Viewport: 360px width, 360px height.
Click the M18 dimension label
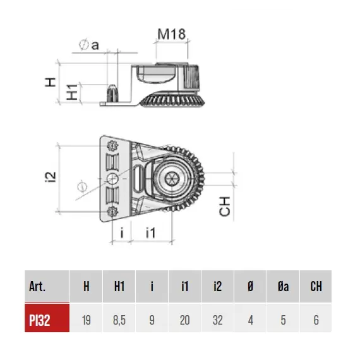[171, 34]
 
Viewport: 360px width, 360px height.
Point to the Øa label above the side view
[89, 45]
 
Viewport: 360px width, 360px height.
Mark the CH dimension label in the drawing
[225, 206]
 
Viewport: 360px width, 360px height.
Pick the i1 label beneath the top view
[150, 233]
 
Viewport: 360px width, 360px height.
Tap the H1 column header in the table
[119, 286]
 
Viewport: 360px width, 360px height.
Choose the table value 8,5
[119, 320]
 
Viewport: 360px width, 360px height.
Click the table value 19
[87, 320]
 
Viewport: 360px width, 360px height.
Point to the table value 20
[185, 320]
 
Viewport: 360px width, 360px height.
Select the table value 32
[218, 320]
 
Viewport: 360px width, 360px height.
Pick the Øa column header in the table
[283, 286]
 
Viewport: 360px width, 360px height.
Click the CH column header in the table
[316, 286]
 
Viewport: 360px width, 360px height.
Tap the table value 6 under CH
[316, 320]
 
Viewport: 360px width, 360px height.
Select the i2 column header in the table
[218, 286]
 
